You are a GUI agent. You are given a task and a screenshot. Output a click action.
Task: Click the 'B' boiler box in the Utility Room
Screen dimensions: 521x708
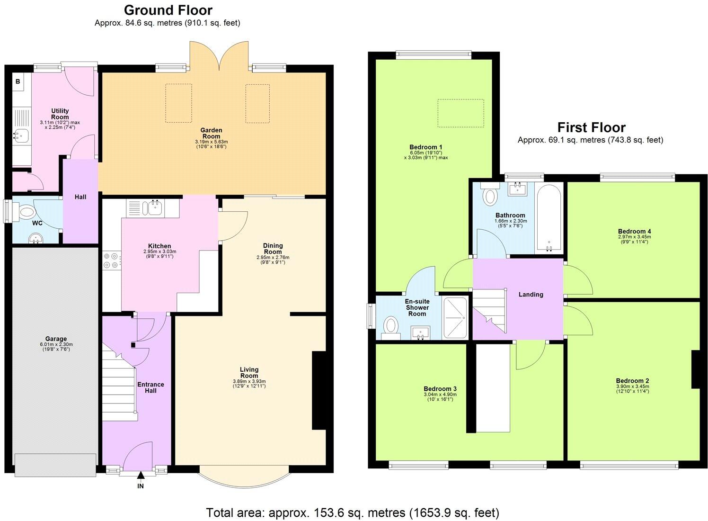[x=18, y=81]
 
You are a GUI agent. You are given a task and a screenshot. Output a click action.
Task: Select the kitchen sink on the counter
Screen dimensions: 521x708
[x=154, y=207]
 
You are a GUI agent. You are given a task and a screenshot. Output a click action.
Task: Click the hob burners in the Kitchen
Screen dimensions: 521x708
[x=111, y=261]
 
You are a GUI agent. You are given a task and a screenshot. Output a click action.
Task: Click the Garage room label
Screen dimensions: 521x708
[x=56, y=339]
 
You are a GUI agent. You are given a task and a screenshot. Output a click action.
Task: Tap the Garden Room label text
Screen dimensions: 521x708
[x=211, y=133]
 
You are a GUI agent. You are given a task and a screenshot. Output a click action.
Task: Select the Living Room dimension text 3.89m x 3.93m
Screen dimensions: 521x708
[x=249, y=381]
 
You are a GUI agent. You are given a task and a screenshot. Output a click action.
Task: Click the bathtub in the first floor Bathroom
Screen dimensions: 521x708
[x=549, y=218]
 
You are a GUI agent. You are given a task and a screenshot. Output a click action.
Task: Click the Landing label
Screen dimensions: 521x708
[x=531, y=294]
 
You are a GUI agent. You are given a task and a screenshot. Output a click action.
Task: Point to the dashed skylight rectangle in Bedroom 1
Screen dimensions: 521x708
[x=460, y=113]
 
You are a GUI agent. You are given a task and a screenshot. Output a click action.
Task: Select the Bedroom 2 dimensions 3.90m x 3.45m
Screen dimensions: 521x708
[x=632, y=386]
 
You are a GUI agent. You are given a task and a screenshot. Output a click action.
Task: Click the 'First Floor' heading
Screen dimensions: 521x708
[x=591, y=127]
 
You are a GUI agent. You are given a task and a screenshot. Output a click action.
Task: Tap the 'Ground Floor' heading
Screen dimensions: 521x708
[x=168, y=10]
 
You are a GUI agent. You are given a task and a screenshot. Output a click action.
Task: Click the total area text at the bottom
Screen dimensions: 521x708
[x=353, y=512]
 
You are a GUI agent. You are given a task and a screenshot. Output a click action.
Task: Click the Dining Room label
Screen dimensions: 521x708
[x=273, y=248]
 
